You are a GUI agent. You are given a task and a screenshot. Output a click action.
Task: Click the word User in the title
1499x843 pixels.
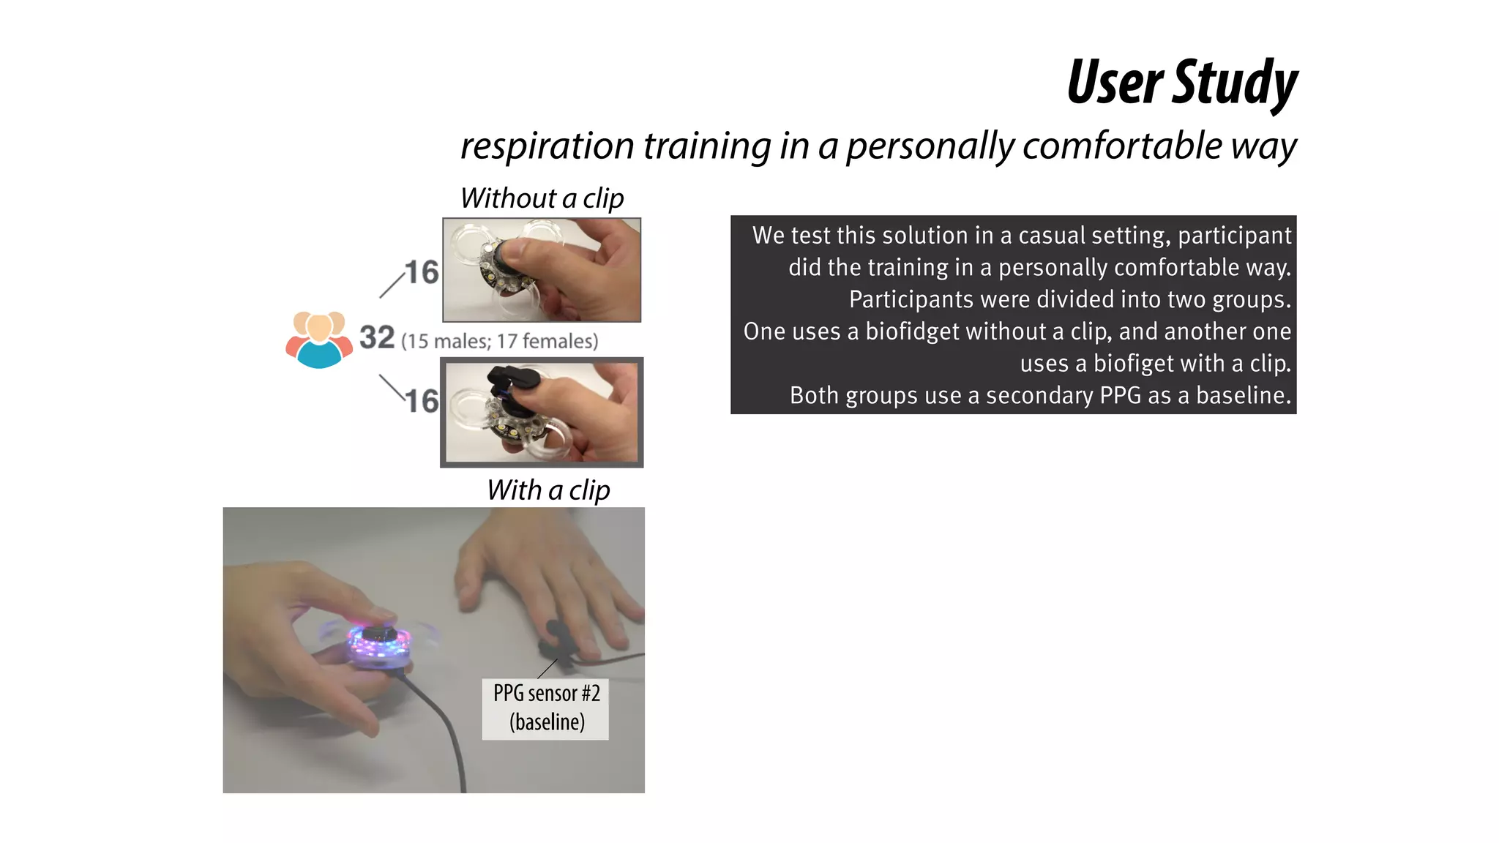[1115, 82]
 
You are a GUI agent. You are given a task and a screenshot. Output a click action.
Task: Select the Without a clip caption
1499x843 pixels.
[542, 198]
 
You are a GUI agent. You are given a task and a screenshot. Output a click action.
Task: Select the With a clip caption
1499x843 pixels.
[548, 490]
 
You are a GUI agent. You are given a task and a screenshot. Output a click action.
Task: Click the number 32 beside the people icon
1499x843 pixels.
[377, 338]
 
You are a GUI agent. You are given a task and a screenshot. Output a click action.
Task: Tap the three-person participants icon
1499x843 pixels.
[318, 339]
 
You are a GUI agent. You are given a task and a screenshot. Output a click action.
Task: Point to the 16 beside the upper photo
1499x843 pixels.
[422, 272]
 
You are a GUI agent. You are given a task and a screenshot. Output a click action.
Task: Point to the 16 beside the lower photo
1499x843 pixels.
[422, 401]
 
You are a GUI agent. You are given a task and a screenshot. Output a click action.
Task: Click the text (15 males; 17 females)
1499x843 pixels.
[500, 341]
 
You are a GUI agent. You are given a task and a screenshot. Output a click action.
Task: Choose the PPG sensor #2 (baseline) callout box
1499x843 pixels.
[546, 708]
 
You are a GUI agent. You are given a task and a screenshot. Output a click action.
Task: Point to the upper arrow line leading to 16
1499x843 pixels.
[392, 284]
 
